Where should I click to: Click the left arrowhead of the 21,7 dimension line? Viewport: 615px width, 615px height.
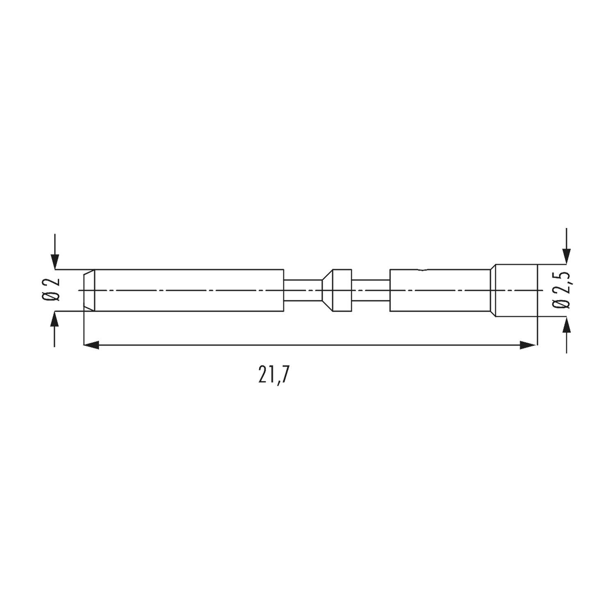[91, 345]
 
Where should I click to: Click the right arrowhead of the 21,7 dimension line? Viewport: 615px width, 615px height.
[528, 345]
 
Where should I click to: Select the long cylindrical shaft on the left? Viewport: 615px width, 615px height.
[189, 290]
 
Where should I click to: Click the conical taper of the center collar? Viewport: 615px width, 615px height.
[327, 290]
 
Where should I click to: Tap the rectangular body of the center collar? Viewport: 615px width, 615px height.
[342, 290]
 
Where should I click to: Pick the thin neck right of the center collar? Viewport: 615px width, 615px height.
[371, 290]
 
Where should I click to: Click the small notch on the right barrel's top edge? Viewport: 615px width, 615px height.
[422, 270]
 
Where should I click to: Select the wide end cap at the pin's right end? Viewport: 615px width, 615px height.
[516, 290]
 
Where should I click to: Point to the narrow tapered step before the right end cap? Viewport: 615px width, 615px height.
[493, 290]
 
